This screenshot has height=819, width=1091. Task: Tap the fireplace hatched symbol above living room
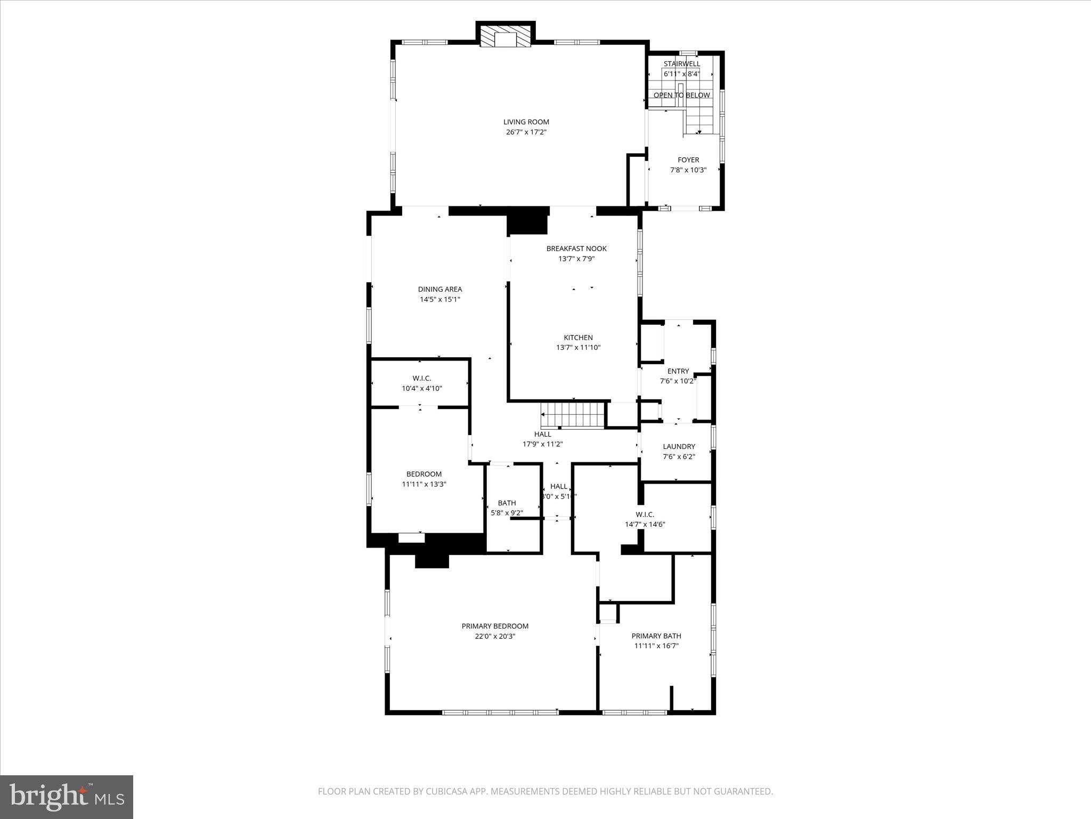click(505, 37)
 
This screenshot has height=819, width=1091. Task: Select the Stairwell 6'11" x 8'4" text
click(681, 69)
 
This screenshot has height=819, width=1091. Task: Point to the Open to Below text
click(681, 95)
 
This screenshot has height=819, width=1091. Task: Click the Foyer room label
click(688, 160)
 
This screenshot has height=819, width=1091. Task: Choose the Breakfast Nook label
click(576, 249)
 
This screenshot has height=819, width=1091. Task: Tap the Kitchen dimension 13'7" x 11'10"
click(578, 348)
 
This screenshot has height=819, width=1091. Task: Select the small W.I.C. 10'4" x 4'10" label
click(421, 383)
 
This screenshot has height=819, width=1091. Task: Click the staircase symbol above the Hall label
click(573, 415)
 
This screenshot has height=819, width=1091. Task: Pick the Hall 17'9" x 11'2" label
click(542, 439)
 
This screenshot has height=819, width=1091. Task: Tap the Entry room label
click(678, 372)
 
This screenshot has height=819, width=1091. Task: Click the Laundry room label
click(679, 447)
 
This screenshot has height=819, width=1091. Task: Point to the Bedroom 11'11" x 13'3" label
click(424, 479)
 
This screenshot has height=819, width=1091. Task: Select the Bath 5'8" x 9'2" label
click(507, 508)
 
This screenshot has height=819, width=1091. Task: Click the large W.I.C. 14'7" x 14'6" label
click(645, 519)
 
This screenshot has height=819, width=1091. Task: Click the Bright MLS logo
click(67, 797)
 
